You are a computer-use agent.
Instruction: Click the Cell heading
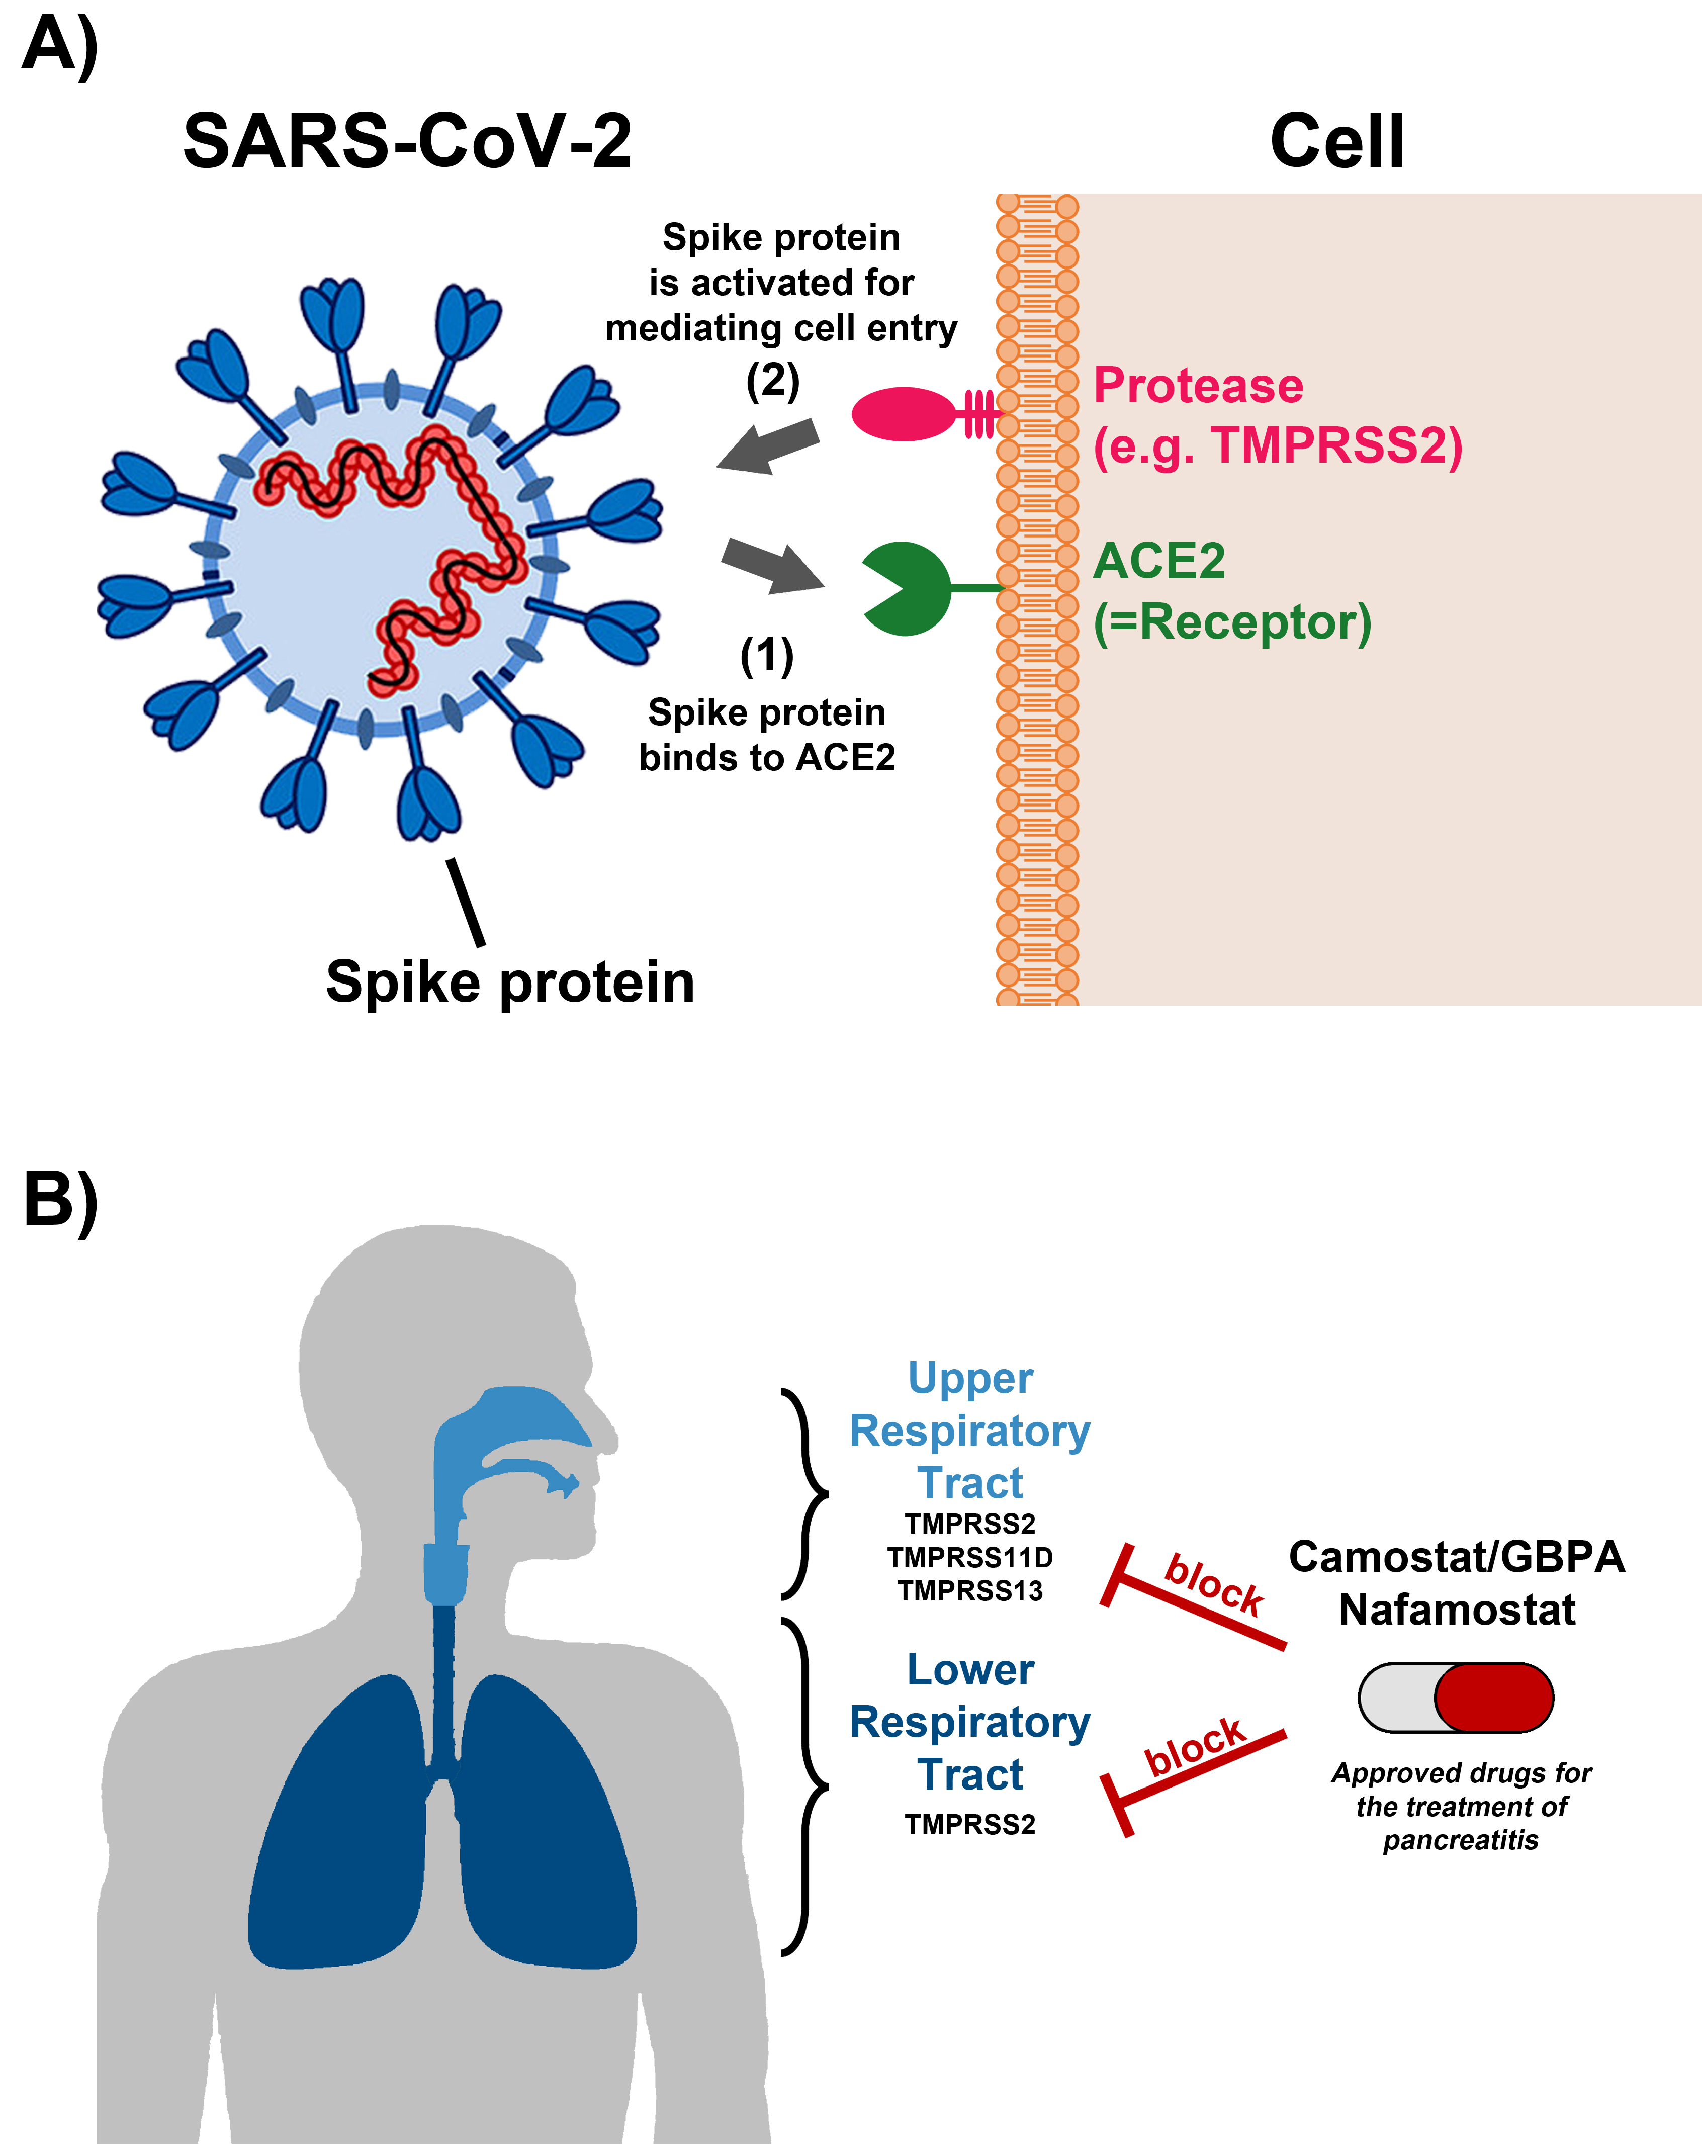[1337, 141]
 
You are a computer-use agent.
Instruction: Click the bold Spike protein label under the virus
[510, 982]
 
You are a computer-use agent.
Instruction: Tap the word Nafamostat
[1457, 1609]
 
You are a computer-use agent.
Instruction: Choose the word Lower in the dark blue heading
[970, 1670]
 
